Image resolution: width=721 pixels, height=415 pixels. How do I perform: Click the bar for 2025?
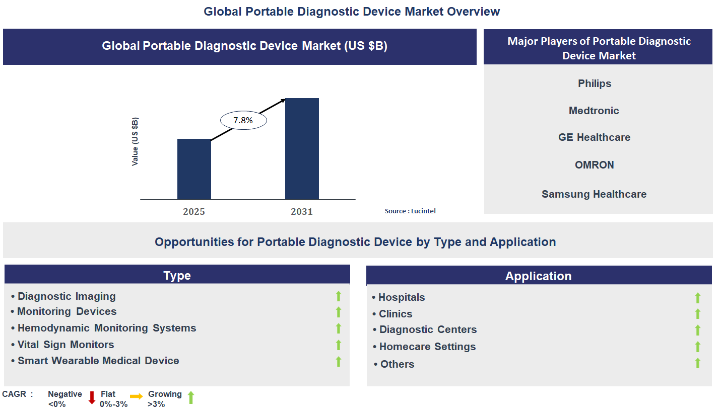194,170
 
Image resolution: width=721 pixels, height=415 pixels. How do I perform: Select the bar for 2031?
302,149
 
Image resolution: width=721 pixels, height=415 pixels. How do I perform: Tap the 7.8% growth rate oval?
243,121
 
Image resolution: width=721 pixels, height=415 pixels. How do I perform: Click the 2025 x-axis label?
194,212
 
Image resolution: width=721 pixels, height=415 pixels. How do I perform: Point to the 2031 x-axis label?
302,212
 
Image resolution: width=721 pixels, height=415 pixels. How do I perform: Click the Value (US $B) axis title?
135,142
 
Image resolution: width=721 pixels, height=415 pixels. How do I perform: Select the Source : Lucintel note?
410,211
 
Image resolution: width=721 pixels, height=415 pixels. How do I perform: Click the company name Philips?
595,84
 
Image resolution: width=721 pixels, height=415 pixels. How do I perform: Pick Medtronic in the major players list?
594,111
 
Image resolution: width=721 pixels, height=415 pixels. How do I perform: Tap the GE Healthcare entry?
594,137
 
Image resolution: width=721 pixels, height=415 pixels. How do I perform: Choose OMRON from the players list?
595,165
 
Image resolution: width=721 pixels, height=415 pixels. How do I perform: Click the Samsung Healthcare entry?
594,194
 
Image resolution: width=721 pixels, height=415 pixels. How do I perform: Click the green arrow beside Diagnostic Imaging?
339,296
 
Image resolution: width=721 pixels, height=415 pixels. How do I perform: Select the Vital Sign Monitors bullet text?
65,345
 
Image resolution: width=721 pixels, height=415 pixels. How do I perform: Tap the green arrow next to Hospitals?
698,298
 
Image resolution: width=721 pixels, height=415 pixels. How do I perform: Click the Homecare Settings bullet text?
427,347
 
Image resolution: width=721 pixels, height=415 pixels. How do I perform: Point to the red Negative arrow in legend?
92,398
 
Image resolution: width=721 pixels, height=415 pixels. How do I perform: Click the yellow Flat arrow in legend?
136,396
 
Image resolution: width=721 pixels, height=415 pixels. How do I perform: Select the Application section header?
538,276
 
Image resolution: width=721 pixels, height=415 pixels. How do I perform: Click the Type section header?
177,276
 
